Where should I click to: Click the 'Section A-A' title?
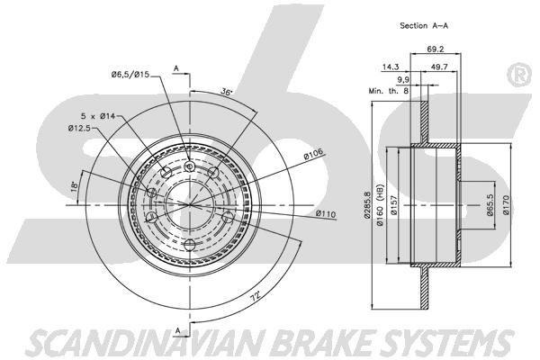pos(424,25)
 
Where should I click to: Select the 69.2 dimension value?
pos(436,49)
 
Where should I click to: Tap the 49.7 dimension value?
pos(439,67)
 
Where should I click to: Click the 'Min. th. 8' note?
pos(389,91)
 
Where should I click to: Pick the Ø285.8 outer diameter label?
pos(367,205)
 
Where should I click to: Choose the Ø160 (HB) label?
pos(380,205)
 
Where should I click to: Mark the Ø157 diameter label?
pos(394,205)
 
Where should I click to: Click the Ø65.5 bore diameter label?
pos(490,205)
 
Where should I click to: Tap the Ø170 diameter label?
pos(506,205)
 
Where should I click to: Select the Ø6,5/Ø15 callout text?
pos(130,74)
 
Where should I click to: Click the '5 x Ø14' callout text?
pos(98,116)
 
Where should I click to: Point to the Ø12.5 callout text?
pos(79,129)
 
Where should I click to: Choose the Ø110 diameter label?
pos(326,214)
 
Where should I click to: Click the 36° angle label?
pos(227,92)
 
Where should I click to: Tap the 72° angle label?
pos(255,296)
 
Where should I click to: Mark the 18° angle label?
pos(74,186)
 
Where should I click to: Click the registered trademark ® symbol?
pos(520,75)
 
